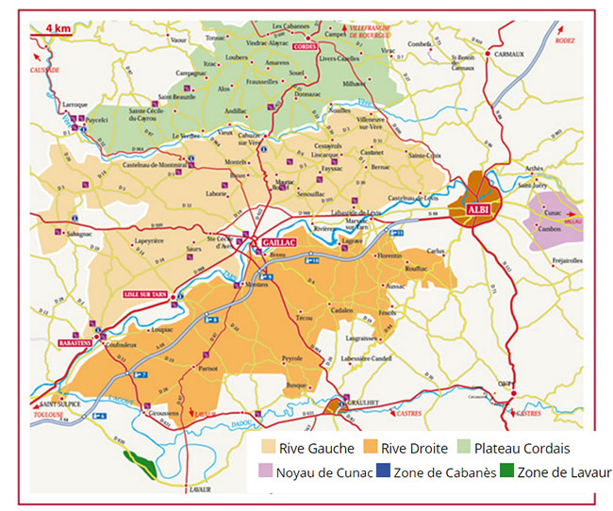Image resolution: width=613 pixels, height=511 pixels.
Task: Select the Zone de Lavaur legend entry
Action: pos(557,472)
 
